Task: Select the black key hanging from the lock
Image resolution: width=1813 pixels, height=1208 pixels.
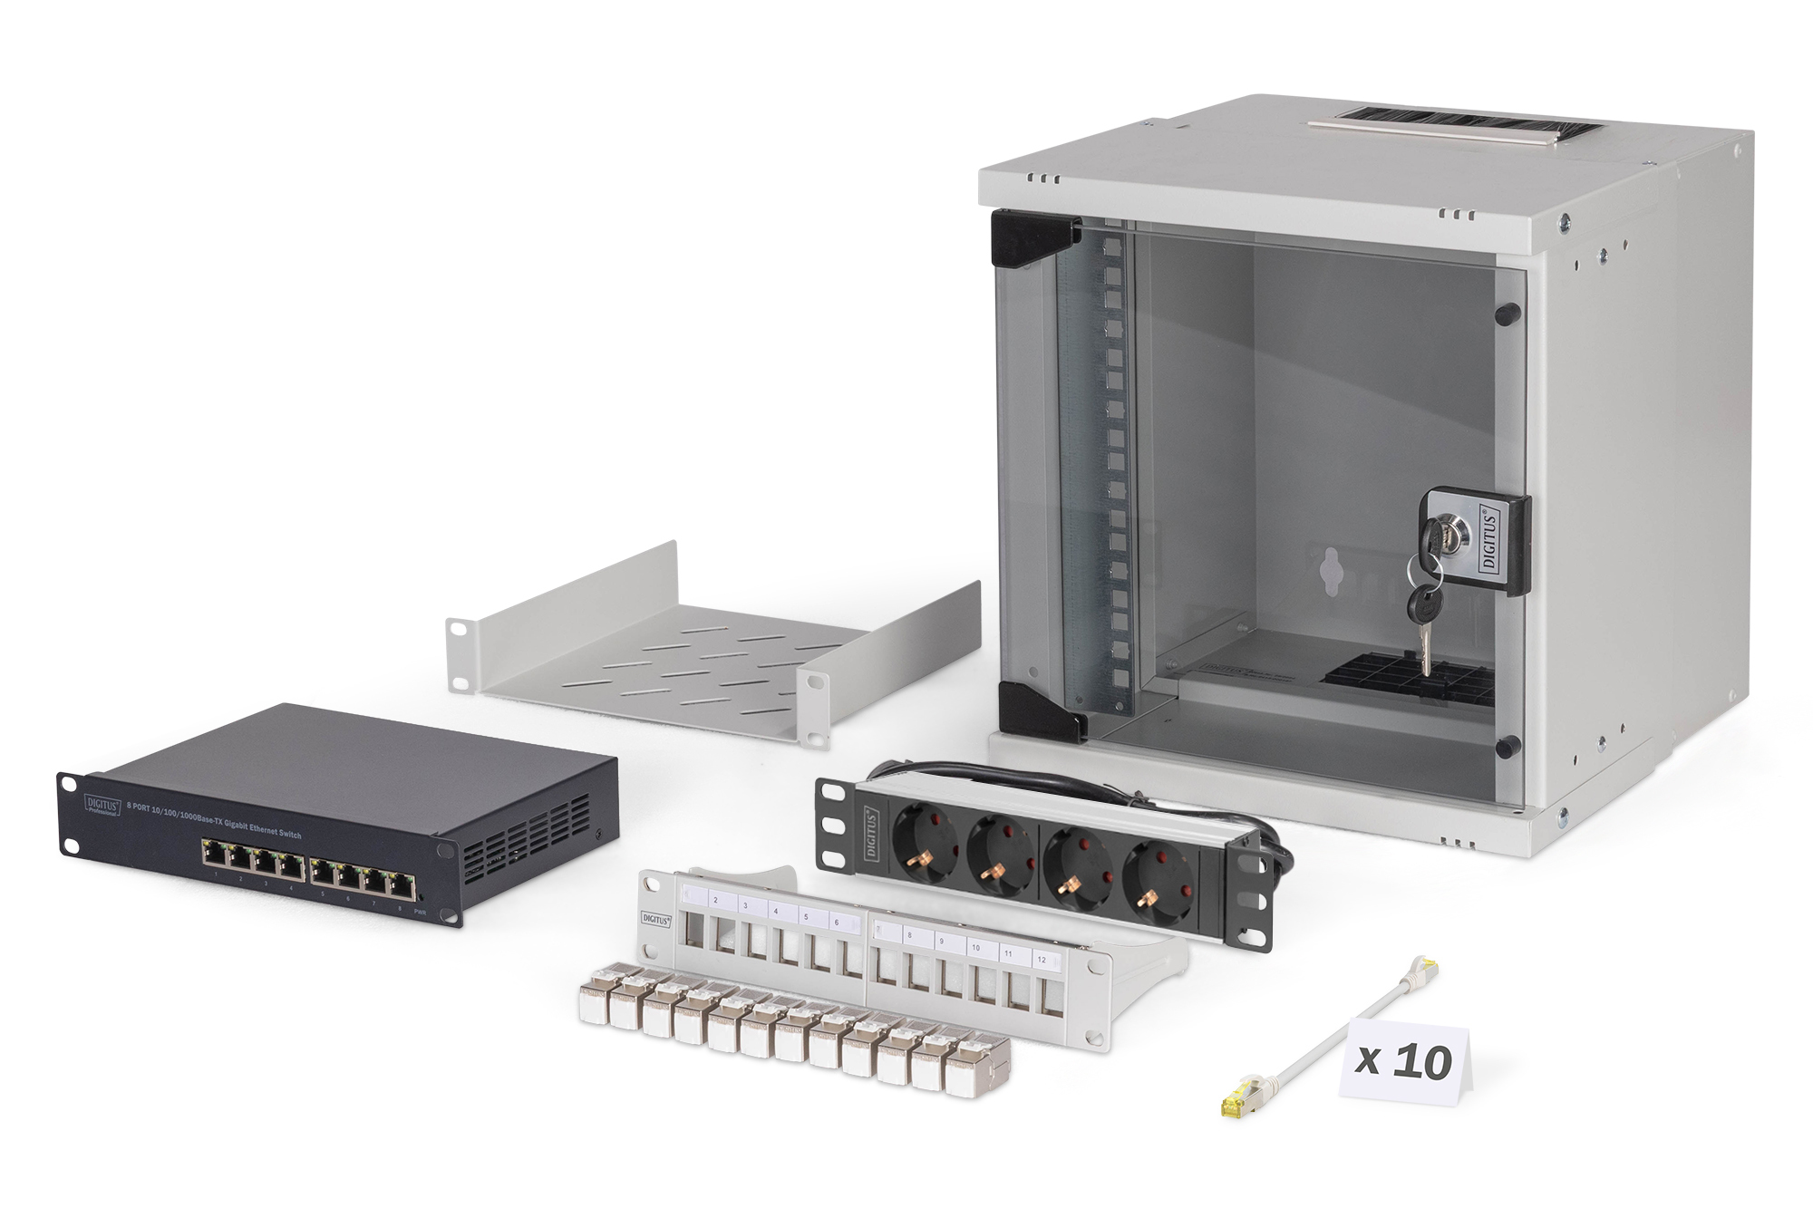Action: (x=1419, y=601)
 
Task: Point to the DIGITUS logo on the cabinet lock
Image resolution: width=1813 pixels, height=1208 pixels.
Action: (x=1489, y=539)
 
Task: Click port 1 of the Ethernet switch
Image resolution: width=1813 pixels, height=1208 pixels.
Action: (x=215, y=852)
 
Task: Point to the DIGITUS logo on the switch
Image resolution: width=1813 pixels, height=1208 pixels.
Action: (x=102, y=804)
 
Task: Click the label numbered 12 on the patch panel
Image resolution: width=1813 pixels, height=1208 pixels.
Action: (x=1042, y=959)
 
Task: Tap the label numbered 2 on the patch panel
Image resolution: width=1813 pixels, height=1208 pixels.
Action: (x=716, y=900)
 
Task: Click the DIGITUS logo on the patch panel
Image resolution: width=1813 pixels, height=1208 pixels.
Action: (x=655, y=919)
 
